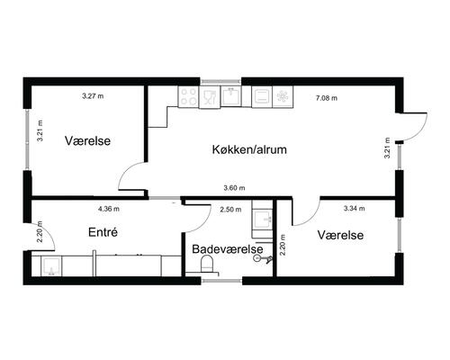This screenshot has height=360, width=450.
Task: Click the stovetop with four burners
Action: (x=189, y=95)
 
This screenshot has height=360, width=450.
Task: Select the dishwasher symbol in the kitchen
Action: (x=209, y=95)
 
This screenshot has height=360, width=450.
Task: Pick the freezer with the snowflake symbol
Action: (x=281, y=94)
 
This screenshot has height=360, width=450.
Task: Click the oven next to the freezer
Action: (x=260, y=94)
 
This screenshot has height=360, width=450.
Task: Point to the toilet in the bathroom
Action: (x=207, y=264)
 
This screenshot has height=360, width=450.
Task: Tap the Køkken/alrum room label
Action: (x=249, y=149)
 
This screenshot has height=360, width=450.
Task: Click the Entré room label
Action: (x=103, y=232)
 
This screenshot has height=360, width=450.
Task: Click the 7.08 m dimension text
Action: (x=326, y=96)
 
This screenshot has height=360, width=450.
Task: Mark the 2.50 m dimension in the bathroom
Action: (x=230, y=210)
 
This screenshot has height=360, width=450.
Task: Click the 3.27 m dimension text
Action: (x=92, y=95)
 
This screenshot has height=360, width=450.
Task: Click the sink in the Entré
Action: (x=49, y=265)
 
